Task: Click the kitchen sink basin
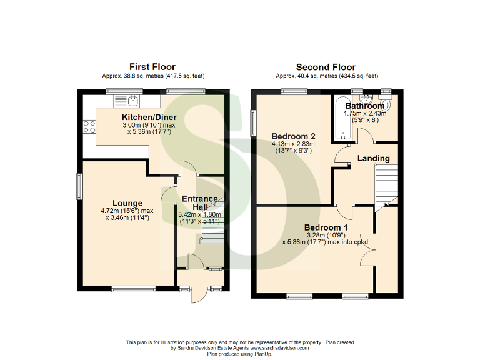[x=132, y=99]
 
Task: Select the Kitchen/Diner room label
[x=149, y=117]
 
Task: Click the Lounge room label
[x=127, y=203]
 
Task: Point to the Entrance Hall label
[x=199, y=203]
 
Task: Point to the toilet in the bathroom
[x=384, y=106]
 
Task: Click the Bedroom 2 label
[x=292, y=136]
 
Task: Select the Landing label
[x=373, y=158]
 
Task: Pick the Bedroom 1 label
[x=326, y=226]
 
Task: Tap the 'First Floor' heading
[x=152, y=67]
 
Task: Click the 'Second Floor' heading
[x=326, y=67]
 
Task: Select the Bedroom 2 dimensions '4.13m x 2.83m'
[x=292, y=144]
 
